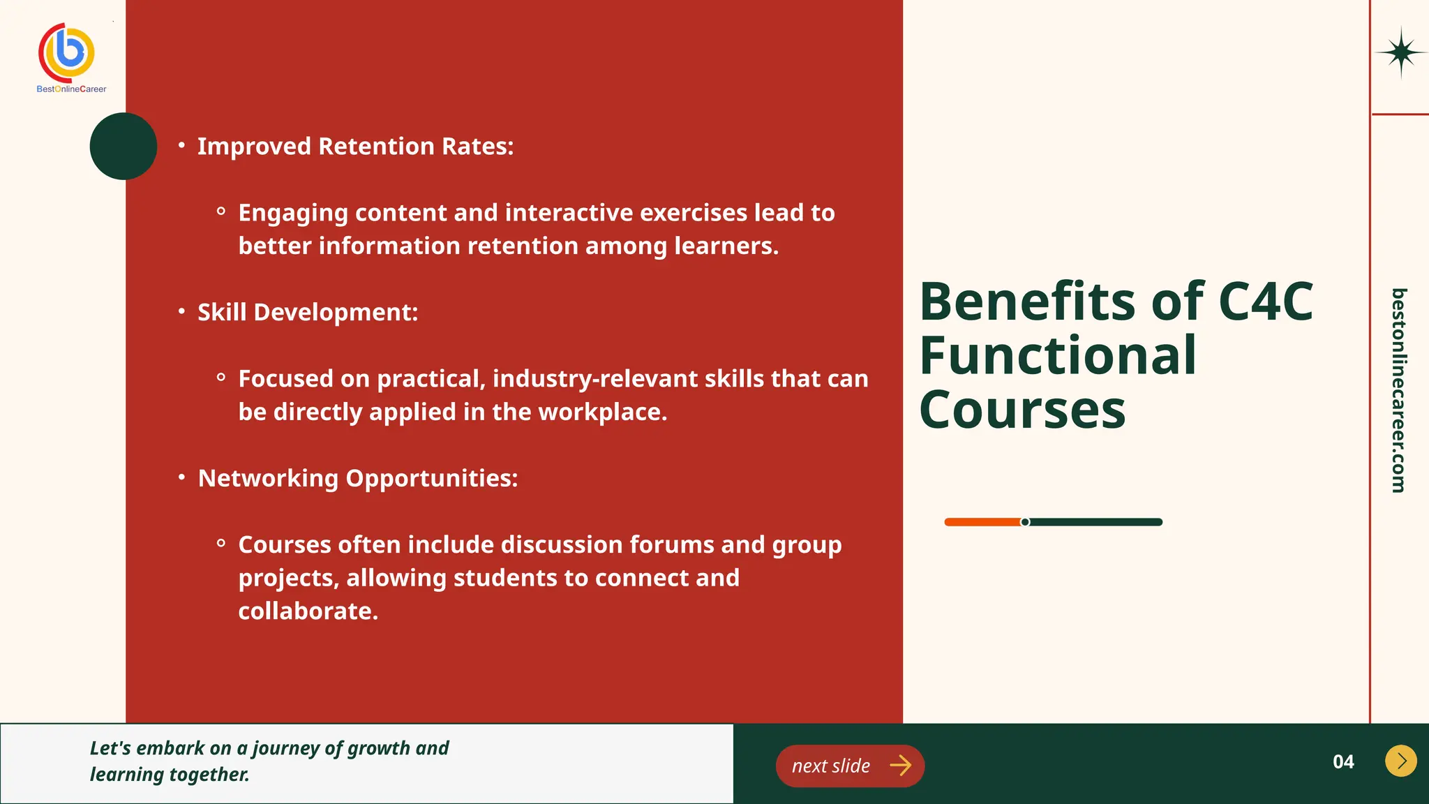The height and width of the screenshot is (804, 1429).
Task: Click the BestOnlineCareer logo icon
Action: click(x=67, y=52)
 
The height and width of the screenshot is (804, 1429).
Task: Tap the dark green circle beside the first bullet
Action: click(x=124, y=146)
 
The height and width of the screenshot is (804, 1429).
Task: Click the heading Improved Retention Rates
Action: click(x=355, y=147)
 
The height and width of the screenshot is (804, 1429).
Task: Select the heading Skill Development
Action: click(x=308, y=312)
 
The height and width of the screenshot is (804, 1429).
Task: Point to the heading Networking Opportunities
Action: click(x=358, y=478)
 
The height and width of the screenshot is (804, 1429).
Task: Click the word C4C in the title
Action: click(x=1265, y=301)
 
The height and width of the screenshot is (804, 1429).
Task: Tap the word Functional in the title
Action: click(x=1058, y=355)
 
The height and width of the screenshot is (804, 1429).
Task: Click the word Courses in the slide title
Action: click(x=1022, y=410)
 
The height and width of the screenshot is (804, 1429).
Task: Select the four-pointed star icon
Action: click(x=1400, y=53)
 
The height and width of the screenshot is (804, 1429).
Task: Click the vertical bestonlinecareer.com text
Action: click(x=1398, y=390)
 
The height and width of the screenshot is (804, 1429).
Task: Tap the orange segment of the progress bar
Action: click(x=982, y=522)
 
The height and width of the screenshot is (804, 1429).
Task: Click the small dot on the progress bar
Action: click(x=1025, y=522)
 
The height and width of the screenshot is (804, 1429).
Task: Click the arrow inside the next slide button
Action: click(x=901, y=766)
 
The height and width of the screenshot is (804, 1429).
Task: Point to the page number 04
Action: click(x=1343, y=761)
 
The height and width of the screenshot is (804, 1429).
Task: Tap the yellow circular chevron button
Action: click(x=1400, y=761)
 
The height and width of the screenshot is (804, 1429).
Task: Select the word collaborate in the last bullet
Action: click(x=308, y=611)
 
